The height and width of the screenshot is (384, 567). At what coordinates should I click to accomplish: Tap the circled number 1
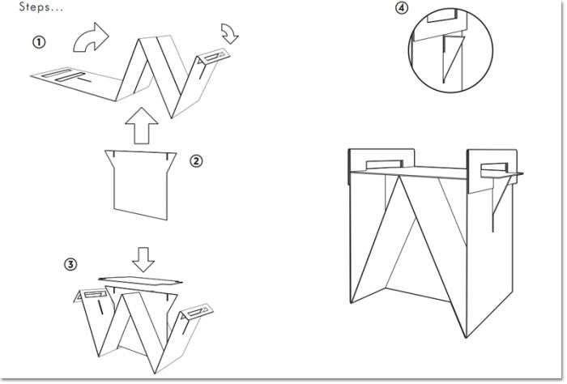pyautogui.click(x=39, y=41)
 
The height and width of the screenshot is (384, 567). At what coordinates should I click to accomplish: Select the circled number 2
pyautogui.click(x=196, y=160)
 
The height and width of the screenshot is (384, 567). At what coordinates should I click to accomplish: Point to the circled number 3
pyautogui.click(x=71, y=265)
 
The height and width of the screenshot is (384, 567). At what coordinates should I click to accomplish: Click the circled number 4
pyautogui.click(x=402, y=9)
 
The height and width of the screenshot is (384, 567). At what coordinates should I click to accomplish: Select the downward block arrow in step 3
pyautogui.click(x=144, y=258)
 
